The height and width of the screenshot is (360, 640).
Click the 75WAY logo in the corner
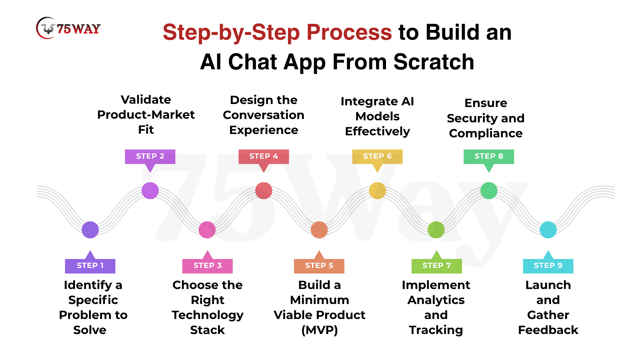tap(68, 28)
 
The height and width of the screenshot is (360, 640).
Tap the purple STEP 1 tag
tap(90, 266)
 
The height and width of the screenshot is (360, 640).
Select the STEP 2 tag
tap(150, 156)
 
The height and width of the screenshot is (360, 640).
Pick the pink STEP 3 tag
tap(207, 266)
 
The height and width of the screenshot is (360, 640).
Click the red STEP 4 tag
tap(264, 156)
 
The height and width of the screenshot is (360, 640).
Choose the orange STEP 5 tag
tap(319, 266)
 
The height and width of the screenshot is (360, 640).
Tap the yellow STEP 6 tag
tap(377, 156)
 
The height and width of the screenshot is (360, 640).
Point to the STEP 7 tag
tap(437, 266)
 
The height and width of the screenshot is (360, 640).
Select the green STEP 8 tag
tap(489, 156)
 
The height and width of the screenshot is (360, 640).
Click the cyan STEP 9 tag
tap(548, 266)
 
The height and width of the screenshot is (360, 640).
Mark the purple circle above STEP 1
tap(90, 230)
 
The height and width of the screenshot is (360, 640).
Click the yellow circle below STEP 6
tap(377, 191)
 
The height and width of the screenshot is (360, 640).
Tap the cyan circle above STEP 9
tap(548, 230)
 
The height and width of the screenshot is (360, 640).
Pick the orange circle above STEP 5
tap(319, 230)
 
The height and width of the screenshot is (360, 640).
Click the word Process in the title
tap(349, 32)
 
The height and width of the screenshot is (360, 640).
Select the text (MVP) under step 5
tap(319, 330)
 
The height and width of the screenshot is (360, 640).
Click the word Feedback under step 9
tap(548, 330)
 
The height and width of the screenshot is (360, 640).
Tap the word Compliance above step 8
tap(486, 133)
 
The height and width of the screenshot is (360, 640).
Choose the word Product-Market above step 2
tap(146, 115)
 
